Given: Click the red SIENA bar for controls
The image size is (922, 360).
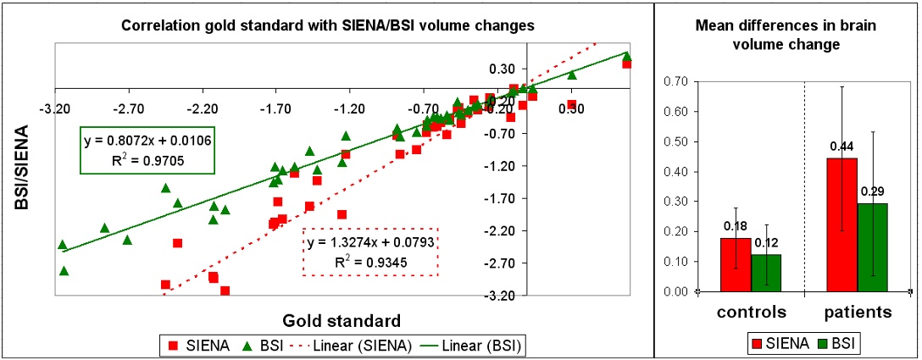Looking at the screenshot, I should click(x=735, y=265).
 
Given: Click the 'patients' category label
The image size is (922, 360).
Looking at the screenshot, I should click(x=858, y=313).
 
